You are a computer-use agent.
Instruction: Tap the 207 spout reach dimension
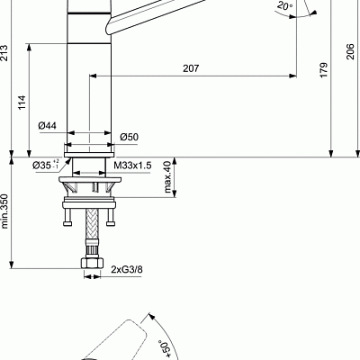coord(191,68)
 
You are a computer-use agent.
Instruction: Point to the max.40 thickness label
coord(166,176)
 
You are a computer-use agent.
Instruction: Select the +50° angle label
coord(165,347)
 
